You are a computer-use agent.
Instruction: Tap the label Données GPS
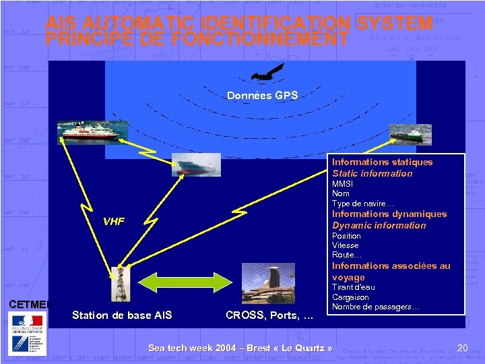[262, 96]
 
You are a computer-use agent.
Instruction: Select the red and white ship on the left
[88, 130]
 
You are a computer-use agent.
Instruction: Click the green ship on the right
[408, 133]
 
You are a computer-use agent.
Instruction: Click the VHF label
[114, 222]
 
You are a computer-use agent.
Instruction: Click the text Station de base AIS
[122, 315]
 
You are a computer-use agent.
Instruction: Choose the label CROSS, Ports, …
[269, 315]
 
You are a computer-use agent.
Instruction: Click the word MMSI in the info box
[342, 183]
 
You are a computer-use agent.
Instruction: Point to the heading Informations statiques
[382, 162]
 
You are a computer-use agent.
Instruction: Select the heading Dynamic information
[379, 225]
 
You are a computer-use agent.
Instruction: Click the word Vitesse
[346, 245]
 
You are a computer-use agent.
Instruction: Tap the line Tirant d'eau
[354, 287]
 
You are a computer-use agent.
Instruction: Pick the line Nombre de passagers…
[376, 307]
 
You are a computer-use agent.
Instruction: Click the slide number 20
[462, 348]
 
